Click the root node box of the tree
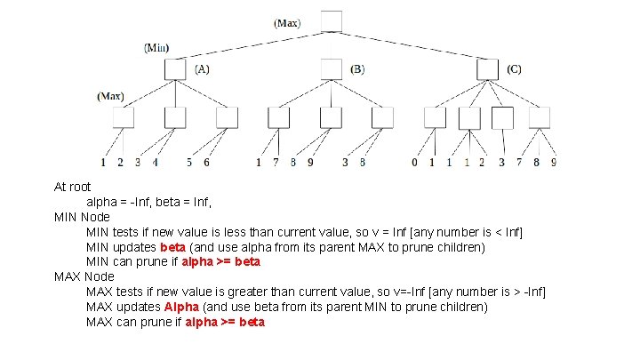[331, 22]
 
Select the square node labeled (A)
[175, 68]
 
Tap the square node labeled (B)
[331, 68]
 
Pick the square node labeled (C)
[486, 68]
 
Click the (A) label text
[202, 68]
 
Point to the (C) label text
[514, 68]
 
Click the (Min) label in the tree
[156, 47]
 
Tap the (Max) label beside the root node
[287, 22]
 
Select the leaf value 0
[415, 163]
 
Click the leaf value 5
[189, 163]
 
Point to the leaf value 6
[206, 163]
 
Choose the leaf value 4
[156, 163]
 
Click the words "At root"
[73, 187]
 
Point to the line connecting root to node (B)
[331, 46]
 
